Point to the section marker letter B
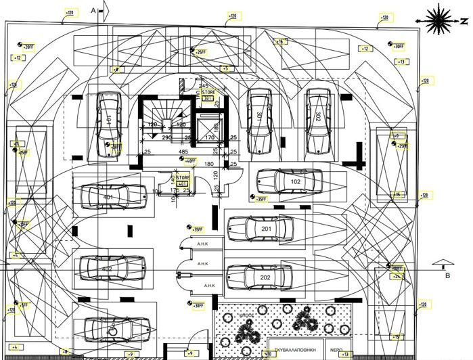[x=447, y=275]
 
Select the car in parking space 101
[x=109, y=118]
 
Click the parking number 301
[x=258, y=116]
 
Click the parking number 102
[x=296, y=182]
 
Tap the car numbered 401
[x=108, y=196]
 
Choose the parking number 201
[x=266, y=229]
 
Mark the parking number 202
[x=265, y=277]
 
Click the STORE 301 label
[x=207, y=95]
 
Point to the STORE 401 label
[x=183, y=179]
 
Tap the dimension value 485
[x=183, y=152]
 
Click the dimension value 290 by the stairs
[x=166, y=138]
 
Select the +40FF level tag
[x=190, y=161]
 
